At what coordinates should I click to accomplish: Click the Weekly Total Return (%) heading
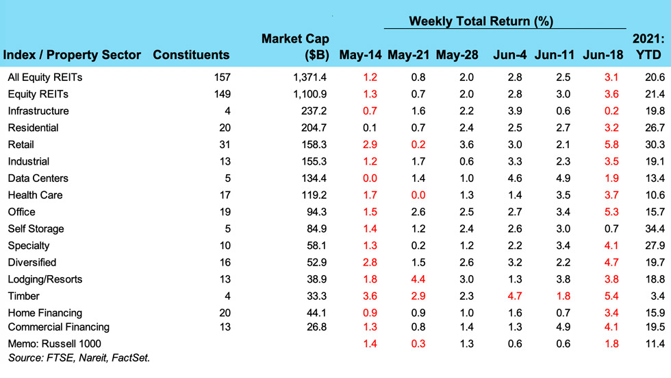(480, 21)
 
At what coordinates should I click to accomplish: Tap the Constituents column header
(191, 55)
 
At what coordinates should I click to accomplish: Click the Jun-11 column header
(555, 55)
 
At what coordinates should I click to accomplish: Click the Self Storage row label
(36, 228)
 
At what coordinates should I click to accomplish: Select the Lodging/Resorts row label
(45, 279)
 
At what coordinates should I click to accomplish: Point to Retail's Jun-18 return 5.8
(611, 145)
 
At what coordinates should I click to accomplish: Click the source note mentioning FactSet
(79, 357)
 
